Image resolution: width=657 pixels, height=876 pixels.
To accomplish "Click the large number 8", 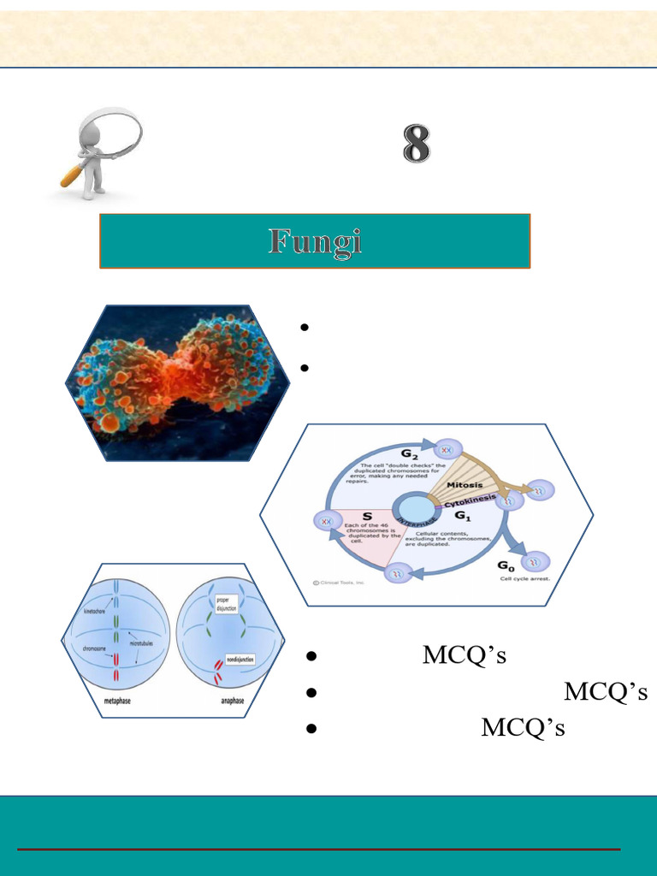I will (x=417, y=143).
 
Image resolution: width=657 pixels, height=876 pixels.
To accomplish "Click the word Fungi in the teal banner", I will (x=315, y=241).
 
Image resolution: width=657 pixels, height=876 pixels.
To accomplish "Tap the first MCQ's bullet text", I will (x=464, y=656).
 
